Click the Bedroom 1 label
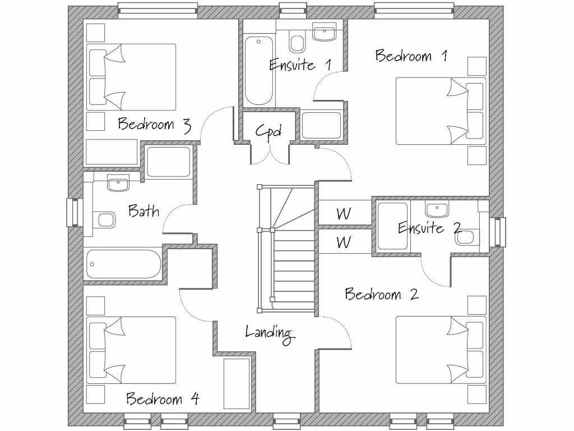411,56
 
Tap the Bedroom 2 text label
381,294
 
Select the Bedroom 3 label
154,124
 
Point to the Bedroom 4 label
162,399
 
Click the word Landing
270,332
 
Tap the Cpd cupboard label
268,131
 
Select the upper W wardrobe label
344,214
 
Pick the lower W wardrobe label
344,242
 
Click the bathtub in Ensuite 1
258,70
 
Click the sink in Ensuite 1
324,34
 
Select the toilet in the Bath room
103,219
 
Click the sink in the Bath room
118,183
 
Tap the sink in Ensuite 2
436,210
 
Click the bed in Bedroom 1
441,111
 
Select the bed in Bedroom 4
132,350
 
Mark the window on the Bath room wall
75,213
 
